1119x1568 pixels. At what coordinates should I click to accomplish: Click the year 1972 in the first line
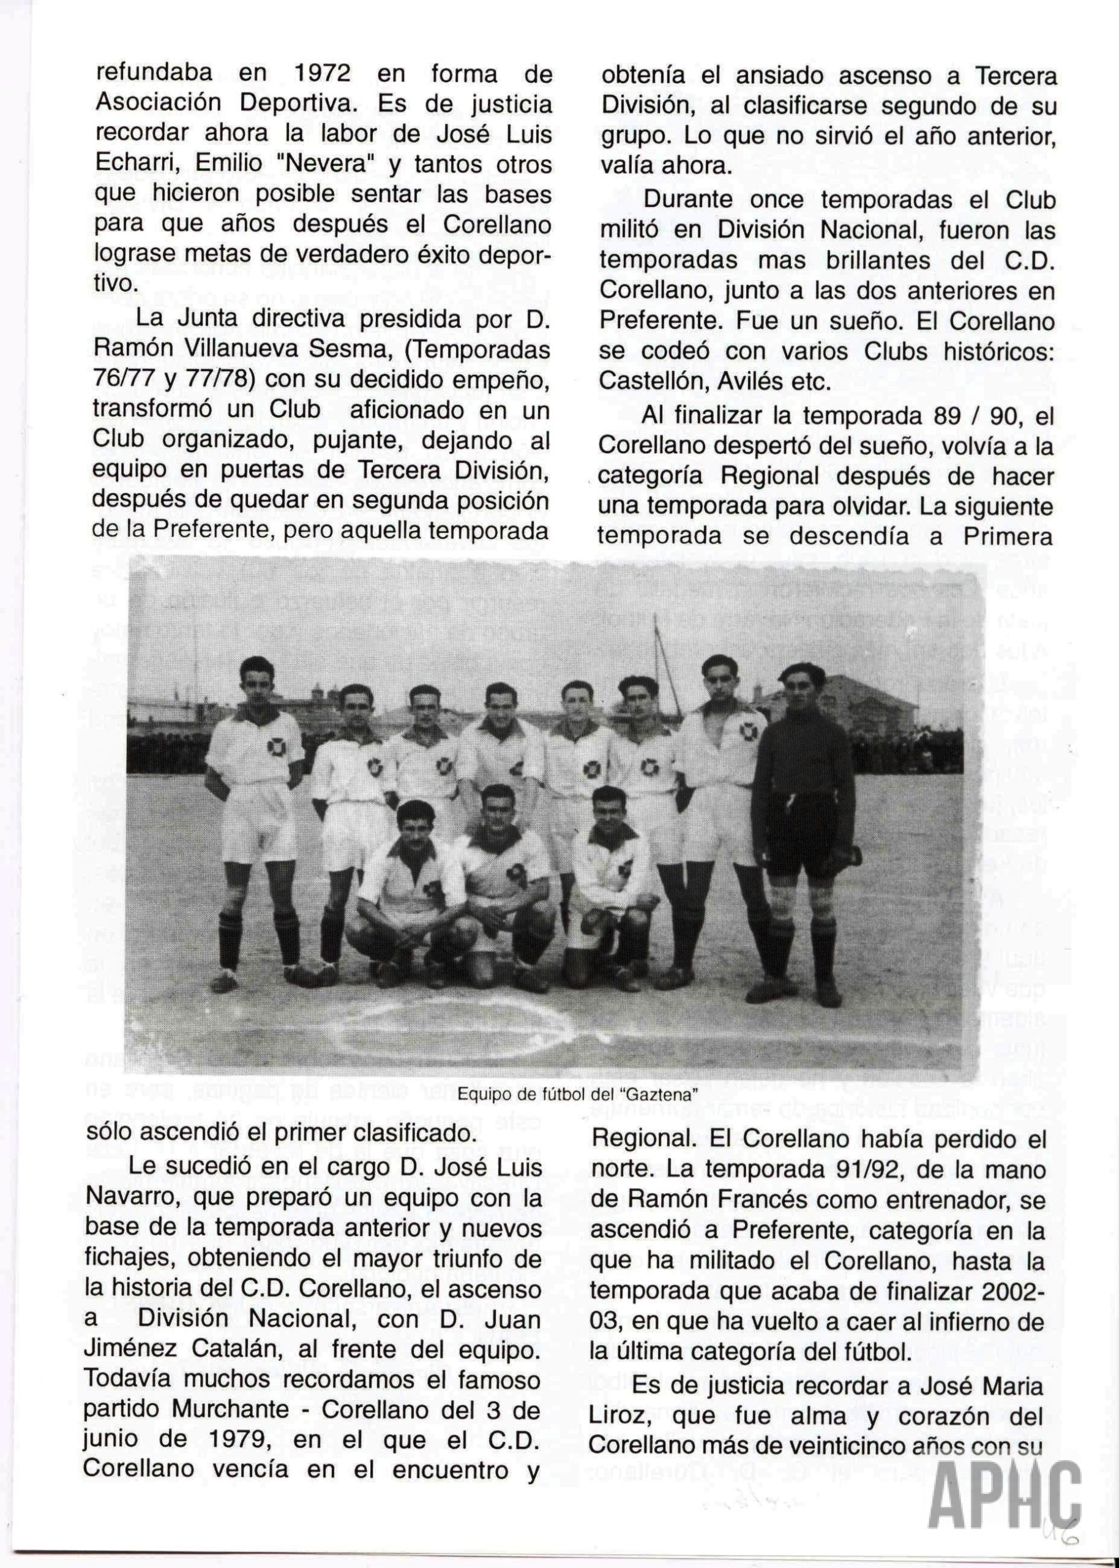pos(324,73)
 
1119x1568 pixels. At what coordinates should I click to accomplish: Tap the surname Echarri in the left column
pos(134,164)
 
